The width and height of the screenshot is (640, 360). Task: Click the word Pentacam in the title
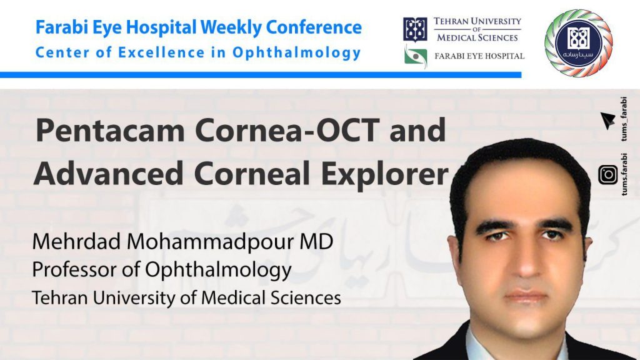tap(110, 130)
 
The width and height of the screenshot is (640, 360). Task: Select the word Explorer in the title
tap(385, 174)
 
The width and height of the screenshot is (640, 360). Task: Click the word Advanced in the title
tap(109, 173)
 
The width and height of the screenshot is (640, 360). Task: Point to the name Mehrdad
tap(76, 241)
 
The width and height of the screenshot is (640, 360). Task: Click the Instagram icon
tap(608, 175)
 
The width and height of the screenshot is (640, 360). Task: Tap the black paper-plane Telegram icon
tap(607, 121)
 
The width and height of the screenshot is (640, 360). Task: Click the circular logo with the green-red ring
tap(579, 43)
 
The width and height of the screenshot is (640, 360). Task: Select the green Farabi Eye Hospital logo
tap(416, 56)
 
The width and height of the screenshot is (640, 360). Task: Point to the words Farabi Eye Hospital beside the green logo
tap(479, 56)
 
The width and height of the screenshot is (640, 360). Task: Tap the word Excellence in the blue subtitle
tap(161, 52)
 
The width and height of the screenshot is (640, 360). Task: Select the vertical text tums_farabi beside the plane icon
tap(624, 119)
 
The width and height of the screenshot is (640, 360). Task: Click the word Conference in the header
tap(314, 27)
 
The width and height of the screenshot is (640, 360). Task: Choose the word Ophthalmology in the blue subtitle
tap(297, 53)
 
